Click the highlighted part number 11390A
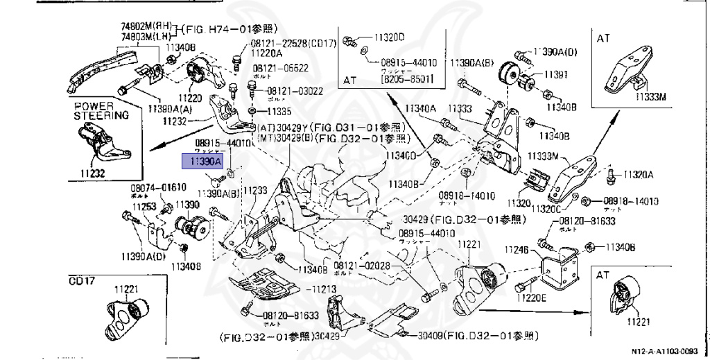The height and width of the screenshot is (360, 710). tap(201, 161)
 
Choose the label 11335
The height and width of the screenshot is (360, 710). tap(281, 111)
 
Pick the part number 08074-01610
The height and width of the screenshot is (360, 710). tap(159, 188)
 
